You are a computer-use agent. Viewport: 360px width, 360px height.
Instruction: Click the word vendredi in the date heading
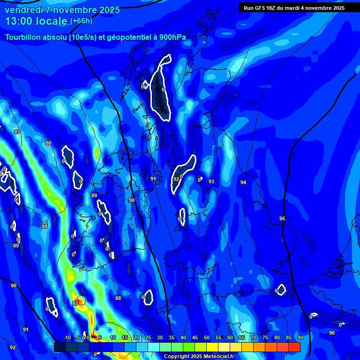[x=22, y=10]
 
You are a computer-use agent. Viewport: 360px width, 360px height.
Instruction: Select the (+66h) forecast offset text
[x=81, y=21]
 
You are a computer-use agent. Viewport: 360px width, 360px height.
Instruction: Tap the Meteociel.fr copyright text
[x=199, y=356]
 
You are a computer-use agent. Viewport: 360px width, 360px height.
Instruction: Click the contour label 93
[x=211, y=181]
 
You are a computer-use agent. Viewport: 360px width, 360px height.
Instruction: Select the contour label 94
[x=243, y=182]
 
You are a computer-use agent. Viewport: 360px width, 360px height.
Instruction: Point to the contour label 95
[x=282, y=219]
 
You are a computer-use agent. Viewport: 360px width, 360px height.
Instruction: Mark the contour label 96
[x=332, y=333]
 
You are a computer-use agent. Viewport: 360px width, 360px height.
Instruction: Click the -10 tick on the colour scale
[x=67, y=337]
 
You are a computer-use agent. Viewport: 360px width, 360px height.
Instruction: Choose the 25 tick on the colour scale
[x=148, y=337]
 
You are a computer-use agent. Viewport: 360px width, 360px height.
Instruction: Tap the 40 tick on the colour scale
[x=183, y=337]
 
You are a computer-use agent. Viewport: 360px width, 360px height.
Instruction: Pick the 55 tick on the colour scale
[x=218, y=337]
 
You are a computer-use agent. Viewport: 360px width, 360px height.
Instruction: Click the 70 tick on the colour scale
[x=254, y=337]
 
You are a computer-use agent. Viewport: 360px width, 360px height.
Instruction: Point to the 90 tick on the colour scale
[x=300, y=337]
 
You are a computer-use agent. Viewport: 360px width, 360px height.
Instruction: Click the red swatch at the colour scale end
[x=294, y=347]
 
